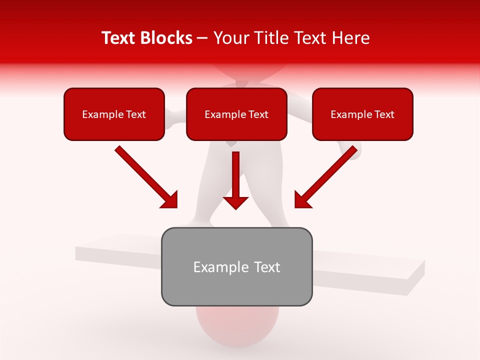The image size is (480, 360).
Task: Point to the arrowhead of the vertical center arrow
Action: pos(235,202)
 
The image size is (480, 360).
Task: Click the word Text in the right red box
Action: pos(384,114)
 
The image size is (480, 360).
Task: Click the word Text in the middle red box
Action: pos(258,114)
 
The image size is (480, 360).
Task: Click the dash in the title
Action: pos(202,38)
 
